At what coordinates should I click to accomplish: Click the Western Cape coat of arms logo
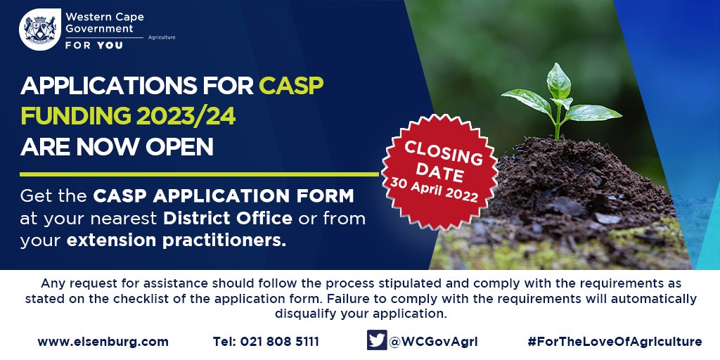pyautogui.click(x=40, y=30)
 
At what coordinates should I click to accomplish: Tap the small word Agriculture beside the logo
pyautogui.click(x=161, y=37)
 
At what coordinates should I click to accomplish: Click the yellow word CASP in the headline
pyautogui.click(x=291, y=86)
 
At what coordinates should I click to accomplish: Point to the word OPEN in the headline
pyautogui.click(x=179, y=146)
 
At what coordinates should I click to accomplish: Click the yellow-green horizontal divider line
pyautogui.click(x=199, y=174)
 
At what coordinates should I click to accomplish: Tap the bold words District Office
pyautogui.click(x=228, y=219)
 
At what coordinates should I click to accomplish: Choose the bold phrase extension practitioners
pyautogui.click(x=176, y=241)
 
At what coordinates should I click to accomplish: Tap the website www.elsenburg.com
pyautogui.click(x=103, y=342)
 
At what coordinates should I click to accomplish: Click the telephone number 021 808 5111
pyautogui.click(x=279, y=342)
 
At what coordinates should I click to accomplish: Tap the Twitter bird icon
pyautogui.click(x=377, y=340)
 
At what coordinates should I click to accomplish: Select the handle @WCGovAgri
pyautogui.click(x=433, y=342)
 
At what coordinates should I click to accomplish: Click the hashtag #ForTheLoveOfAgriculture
pyautogui.click(x=615, y=342)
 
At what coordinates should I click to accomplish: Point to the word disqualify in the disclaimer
pyautogui.click(x=305, y=314)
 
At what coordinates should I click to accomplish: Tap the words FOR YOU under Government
pyautogui.click(x=94, y=46)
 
